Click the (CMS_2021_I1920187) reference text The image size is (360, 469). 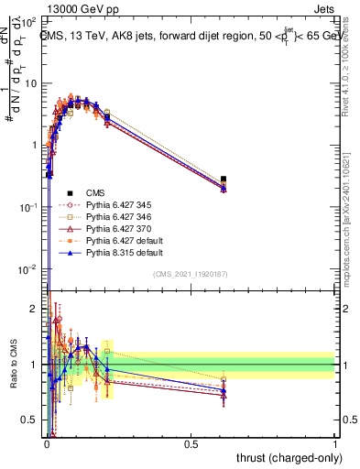[x=191, y=275]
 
